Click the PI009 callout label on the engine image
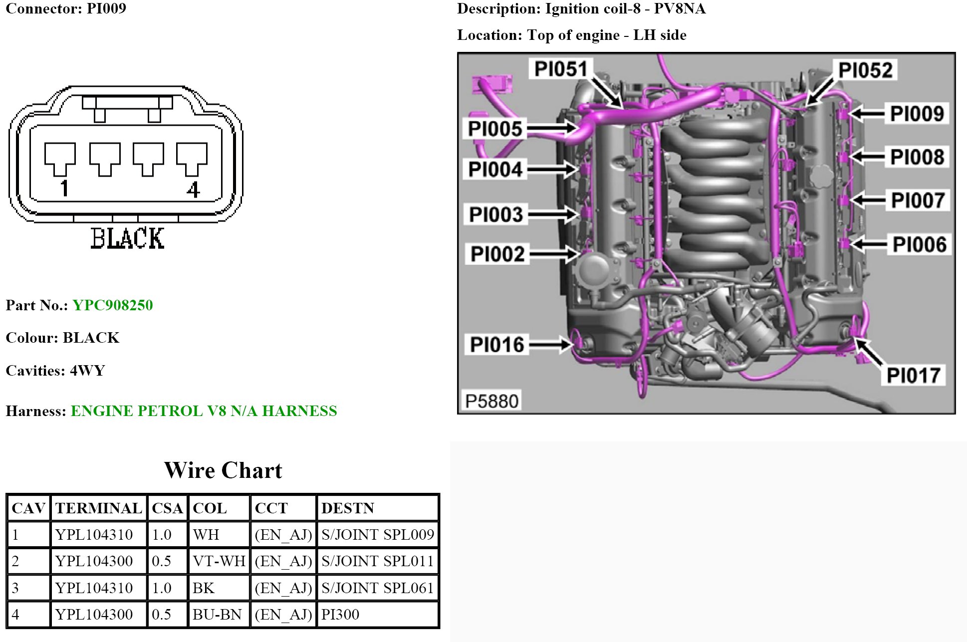click(x=917, y=114)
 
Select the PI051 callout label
click(x=561, y=69)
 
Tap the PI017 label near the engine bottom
click(x=913, y=375)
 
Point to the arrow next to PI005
click(x=552, y=128)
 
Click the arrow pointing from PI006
click(x=869, y=244)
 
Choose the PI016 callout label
click(x=497, y=344)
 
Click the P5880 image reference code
click(x=491, y=401)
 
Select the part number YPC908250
click(x=113, y=305)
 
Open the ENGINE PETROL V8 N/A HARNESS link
click(x=204, y=411)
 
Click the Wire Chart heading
click(x=223, y=470)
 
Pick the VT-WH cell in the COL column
click(x=219, y=561)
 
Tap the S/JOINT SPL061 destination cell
click(x=378, y=588)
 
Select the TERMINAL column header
click(x=99, y=508)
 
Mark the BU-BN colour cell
click(x=217, y=615)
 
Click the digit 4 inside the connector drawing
click(x=194, y=190)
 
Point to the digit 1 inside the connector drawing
click(x=64, y=189)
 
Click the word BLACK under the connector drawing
click(x=127, y=238)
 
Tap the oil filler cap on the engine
click(x=825, y=176)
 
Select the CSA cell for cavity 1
click(x=162, y=535)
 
